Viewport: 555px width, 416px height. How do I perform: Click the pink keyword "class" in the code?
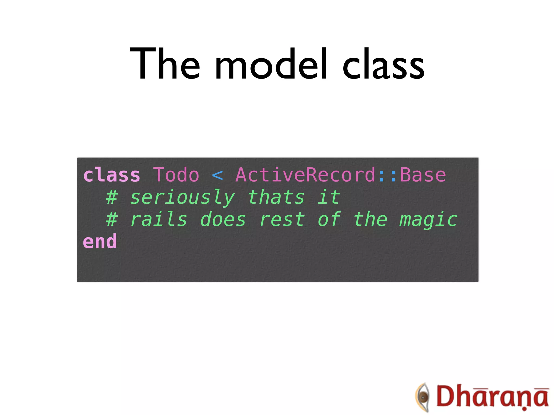point(112,175)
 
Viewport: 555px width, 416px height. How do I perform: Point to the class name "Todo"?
point(176,175)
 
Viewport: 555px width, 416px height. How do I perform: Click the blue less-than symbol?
point(217,175)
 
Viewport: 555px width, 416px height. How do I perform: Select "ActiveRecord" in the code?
point(306,175)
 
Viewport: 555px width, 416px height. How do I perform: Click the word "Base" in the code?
point(423,175)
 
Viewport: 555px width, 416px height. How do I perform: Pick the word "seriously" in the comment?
point(182,197)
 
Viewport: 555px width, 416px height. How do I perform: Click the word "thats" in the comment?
point(276,197)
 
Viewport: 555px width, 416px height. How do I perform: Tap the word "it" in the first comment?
point(328,197)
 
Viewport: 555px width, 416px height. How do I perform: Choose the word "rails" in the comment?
point(159,219)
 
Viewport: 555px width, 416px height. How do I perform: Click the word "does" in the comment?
point(223,219)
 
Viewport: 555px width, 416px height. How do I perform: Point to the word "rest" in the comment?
point(282,219)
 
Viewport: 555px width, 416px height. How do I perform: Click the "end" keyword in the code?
point(100,242)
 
